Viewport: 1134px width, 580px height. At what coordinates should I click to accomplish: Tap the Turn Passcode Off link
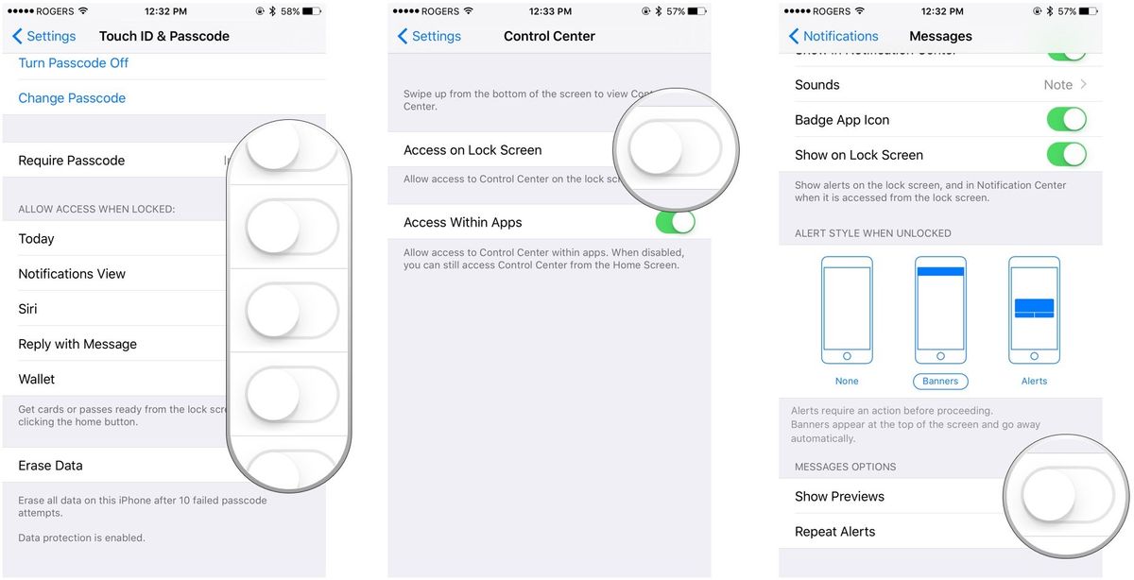(73, 63)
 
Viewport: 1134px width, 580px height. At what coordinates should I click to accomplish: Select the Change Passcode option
(72, 98)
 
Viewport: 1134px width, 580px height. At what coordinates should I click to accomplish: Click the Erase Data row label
(50, 466)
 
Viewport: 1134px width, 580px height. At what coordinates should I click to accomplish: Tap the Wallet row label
(37, 380)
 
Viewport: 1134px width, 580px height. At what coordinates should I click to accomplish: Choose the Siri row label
(27, 309)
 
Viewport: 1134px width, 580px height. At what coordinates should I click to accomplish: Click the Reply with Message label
(77, 345)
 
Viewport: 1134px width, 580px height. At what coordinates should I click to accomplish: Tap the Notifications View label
(72, 274)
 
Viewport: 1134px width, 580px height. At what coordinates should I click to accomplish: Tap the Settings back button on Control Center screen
(429, 36)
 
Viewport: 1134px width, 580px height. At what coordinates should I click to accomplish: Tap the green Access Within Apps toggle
(675, 223)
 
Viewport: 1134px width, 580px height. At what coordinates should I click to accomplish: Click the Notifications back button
(833, 36)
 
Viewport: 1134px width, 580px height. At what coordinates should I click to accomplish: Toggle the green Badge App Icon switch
(1066, 120)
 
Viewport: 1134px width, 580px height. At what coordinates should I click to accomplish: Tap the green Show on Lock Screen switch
(1066, 155)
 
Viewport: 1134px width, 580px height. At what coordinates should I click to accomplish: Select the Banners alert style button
(940, 382)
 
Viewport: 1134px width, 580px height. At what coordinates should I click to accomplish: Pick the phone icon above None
(847, 310)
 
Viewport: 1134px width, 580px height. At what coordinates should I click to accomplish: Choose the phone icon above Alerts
(1034, 310)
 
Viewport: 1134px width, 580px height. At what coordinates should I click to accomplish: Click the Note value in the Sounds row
(1057, 85)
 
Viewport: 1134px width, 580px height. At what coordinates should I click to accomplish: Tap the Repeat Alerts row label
(834, 532)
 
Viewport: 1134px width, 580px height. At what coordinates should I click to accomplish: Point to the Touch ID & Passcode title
(164, 36)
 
